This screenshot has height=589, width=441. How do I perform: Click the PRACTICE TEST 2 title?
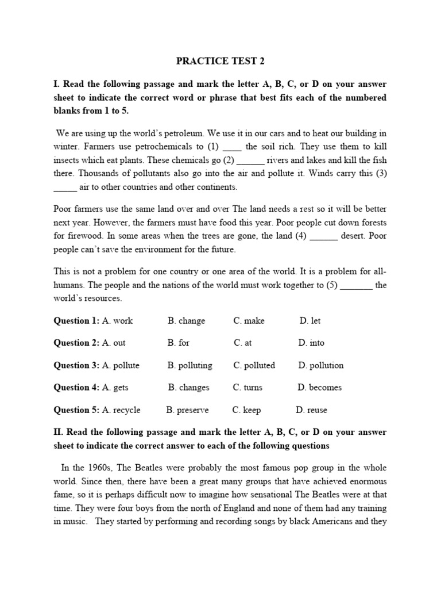(220, 60)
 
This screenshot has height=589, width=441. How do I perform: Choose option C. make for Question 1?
(249, 320)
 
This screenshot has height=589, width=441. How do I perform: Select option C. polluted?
(254, 365)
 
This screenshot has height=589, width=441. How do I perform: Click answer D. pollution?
(320, 365)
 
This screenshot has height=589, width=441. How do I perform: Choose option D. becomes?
(319, 388)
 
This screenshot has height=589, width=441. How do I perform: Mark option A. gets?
(115, 388)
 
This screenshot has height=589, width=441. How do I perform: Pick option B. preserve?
(187, 410)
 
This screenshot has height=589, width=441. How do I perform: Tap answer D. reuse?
(311, 410)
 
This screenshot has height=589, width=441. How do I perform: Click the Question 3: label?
(76, 365)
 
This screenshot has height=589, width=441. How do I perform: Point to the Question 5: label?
(76, 410)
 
